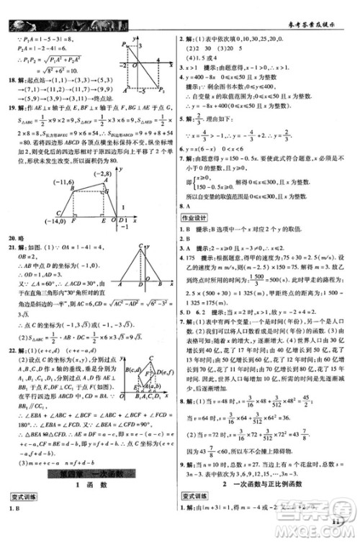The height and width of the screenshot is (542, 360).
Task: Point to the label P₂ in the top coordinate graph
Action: pyautogui.click(x=165, y=71)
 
